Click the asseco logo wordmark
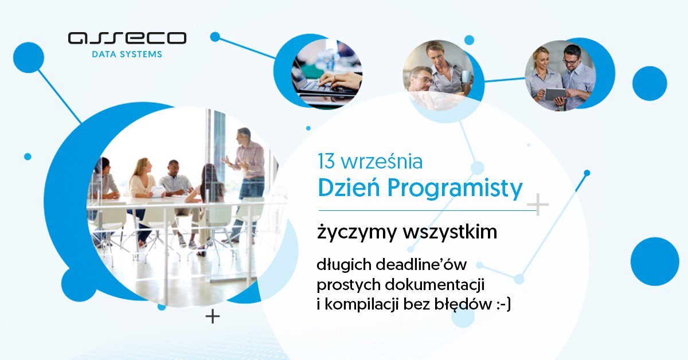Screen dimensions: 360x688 coord(127,38)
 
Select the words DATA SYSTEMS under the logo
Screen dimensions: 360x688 coord(127,55)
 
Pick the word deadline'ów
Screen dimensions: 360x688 coord(421,265)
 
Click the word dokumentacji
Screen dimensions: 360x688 coord(436,285)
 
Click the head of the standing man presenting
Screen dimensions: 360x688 coord(243,136)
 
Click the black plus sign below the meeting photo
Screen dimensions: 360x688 coord(213,316)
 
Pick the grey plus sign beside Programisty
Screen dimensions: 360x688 coord(538,205)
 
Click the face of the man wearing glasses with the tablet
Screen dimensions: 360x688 coord(571,58)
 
